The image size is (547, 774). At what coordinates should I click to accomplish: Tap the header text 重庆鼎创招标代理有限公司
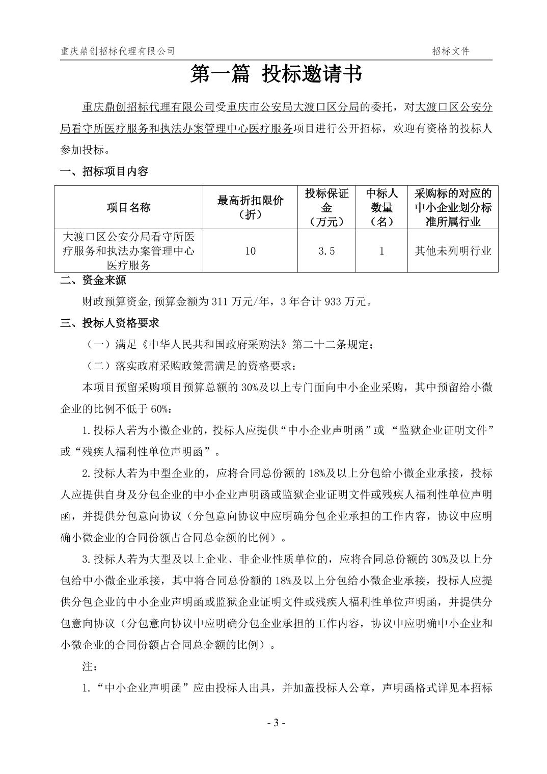117,51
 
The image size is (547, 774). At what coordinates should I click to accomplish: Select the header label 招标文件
451,51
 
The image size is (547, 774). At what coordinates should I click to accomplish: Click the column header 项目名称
128,207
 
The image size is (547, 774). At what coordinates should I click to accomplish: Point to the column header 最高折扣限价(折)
250,207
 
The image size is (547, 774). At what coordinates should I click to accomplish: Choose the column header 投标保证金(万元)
326,207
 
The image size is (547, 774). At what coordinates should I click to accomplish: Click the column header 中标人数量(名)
381,207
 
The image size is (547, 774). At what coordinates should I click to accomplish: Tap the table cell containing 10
250,251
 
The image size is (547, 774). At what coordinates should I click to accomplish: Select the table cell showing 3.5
326,251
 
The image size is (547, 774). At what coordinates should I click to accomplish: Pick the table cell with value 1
381,251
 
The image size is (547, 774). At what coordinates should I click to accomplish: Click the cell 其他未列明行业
450,251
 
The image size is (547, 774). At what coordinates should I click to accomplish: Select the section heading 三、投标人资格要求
110,323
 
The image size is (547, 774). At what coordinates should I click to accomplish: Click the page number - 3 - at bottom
276,723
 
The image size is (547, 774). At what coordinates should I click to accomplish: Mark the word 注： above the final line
89,667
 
